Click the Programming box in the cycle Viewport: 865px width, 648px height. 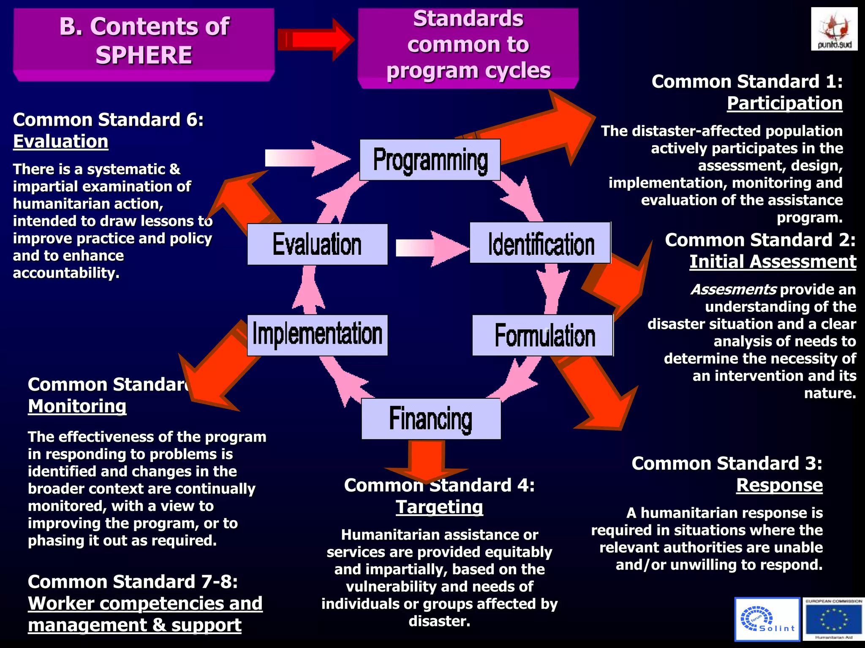click(x=430, y=160)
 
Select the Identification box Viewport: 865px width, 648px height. click(x=540, y=243)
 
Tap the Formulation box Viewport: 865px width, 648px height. click(x=542, y=335)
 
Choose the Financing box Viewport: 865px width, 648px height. click(x=431, y=419)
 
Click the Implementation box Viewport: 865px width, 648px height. click(x=317, y=335)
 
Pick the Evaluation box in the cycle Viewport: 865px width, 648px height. click(x=317, y=244)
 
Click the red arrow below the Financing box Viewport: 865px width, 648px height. click(x=426, y=460)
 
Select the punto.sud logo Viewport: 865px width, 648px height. click(x=834, y=29)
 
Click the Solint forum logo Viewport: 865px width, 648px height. click(x=767, y=619)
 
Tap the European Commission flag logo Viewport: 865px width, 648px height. click(x=834, y=619)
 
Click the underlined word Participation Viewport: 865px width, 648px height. click(x=784, y=103)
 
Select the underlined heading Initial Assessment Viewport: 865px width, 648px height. click(x=773, y=262)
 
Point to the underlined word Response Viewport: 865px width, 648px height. click(x=779, y=485)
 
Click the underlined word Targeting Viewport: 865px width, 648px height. click(x=439, y=507)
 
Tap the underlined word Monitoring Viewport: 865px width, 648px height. click(x=77, y=406)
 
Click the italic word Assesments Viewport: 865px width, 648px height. click(x=733, y=289)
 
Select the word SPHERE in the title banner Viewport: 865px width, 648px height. click(x=144, y=55)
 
